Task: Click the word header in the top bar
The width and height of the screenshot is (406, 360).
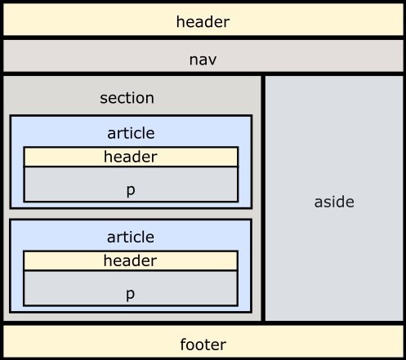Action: point(203,21)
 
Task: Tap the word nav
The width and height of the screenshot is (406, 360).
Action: point(203,60)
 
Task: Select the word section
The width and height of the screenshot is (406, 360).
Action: point(127,98)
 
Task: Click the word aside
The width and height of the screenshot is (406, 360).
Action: point(334,202)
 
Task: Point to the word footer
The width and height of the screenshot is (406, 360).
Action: point(203,344)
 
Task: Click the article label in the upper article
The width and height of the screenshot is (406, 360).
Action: point(131,133)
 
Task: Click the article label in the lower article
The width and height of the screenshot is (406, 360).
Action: point(131,237)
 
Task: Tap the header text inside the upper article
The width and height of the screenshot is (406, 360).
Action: point(131,157)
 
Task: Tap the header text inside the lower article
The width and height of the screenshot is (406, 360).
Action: point(130,260)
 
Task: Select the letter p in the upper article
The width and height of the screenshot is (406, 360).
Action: point(131,190)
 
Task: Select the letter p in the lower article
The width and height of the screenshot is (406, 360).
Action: point(131,295)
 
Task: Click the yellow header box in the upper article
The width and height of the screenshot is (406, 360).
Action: point(131,157)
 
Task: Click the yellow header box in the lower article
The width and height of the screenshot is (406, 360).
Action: point(131,260)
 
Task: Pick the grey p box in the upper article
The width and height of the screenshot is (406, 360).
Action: point(131,184)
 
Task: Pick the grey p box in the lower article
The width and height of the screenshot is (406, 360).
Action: point(131,288)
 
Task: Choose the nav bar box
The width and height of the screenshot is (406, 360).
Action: point(203,56)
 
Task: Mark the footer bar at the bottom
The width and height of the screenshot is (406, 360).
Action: point(203,341)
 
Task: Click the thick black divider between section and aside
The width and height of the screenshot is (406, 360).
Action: point(263,198)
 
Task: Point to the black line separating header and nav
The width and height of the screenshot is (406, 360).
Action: point(203,38)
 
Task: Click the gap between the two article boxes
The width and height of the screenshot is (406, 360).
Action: point(131,214)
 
